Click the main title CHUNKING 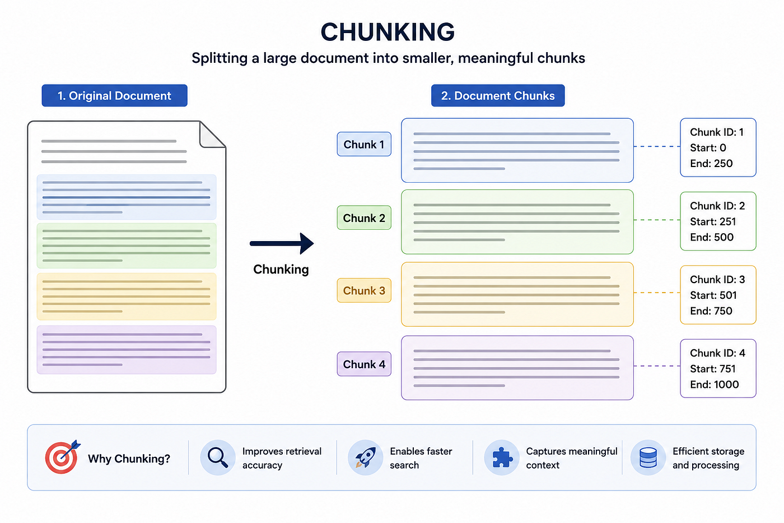[388, 32]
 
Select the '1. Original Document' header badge [114, 95]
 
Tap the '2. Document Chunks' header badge [498, 95]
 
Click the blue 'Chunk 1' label [364, 144]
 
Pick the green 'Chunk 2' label [364, 217]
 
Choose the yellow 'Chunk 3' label [364, 290]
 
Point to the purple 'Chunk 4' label [364, 364]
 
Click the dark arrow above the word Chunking [282, 243]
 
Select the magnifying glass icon [218, 457]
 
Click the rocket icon [365, 457]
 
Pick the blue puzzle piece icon [502, 457]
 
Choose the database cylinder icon [648, 457]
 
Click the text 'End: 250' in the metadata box [711, 163]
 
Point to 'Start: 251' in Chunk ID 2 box [713, 221]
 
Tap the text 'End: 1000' [715, 385]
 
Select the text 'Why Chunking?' [129, 459]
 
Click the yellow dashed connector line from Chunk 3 [657, 293]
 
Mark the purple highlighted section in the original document [127, 350]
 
